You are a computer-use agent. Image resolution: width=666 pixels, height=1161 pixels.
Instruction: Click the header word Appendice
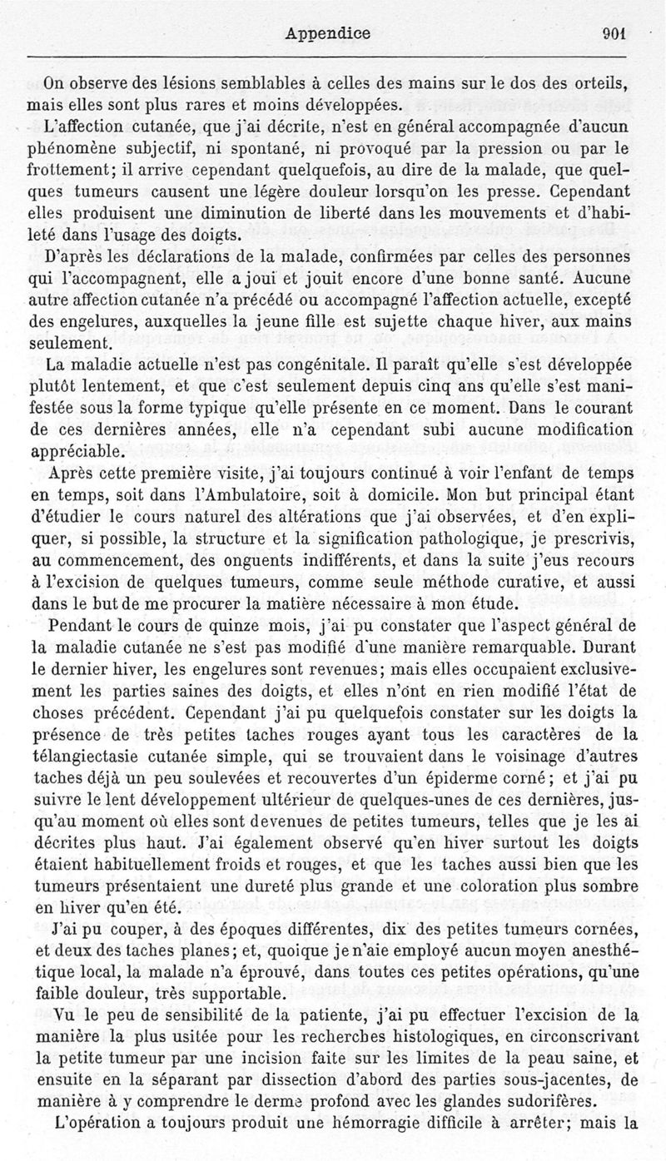click(327, 34)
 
